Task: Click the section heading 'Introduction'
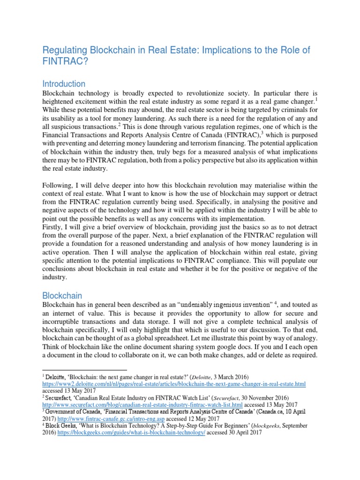[64, 84]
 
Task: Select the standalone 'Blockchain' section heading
[62, 296]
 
